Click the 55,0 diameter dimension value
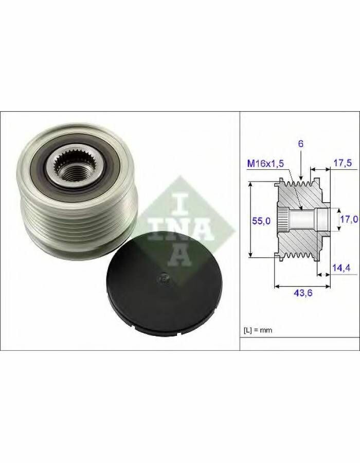point(261,220)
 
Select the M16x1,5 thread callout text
point(265,163)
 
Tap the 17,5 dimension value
point(343,163)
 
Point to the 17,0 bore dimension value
point(349,219)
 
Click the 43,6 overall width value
point(303,293)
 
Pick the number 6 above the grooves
point(301,144)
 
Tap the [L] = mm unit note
point(258,330)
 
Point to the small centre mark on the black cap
point(163,278)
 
